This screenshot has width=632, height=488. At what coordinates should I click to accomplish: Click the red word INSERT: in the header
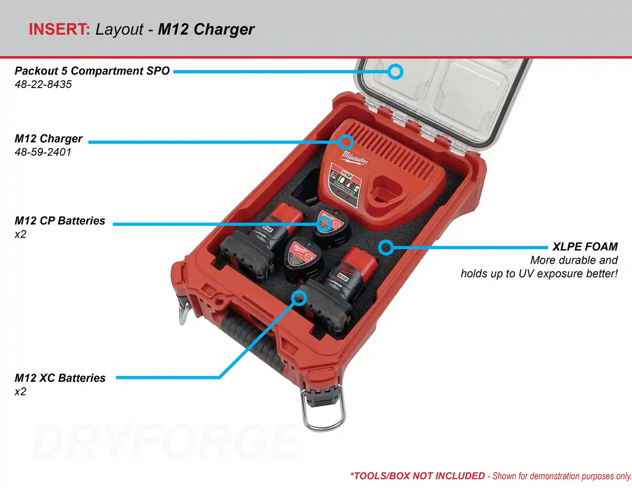tap(59, 29)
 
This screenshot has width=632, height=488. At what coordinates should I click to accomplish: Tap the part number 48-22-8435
tap(43, 84)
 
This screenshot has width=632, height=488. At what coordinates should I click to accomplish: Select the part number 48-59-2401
tap(43, 152)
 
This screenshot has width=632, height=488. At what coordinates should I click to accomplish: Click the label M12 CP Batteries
tap(60, 221)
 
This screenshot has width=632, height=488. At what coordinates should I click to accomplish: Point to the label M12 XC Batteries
tap(60, 378)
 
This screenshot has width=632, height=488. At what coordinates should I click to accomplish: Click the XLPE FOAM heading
tap(585, 247)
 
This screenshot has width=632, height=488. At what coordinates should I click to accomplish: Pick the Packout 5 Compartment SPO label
tap(92, 71)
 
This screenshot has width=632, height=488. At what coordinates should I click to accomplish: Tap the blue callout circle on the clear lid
tap(395, 71)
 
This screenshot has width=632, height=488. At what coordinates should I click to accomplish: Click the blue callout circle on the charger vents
tap(345, 142)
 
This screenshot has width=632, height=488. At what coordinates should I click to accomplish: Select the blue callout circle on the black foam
tap(386, 247)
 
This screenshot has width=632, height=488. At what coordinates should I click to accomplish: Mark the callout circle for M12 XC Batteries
tap(299, 297)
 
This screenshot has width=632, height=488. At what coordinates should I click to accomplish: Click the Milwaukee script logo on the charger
tap(354, 157)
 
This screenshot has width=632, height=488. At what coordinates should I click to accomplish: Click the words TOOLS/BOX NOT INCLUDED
tap(419, 476)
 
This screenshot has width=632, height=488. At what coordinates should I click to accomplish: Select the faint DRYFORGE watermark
tap(166, 443)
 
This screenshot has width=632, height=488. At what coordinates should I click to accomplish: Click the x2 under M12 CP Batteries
tap(20, 235)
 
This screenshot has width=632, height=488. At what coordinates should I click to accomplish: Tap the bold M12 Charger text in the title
tap(206, 29)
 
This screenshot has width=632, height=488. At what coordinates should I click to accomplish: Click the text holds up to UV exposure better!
tap(539, 274)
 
